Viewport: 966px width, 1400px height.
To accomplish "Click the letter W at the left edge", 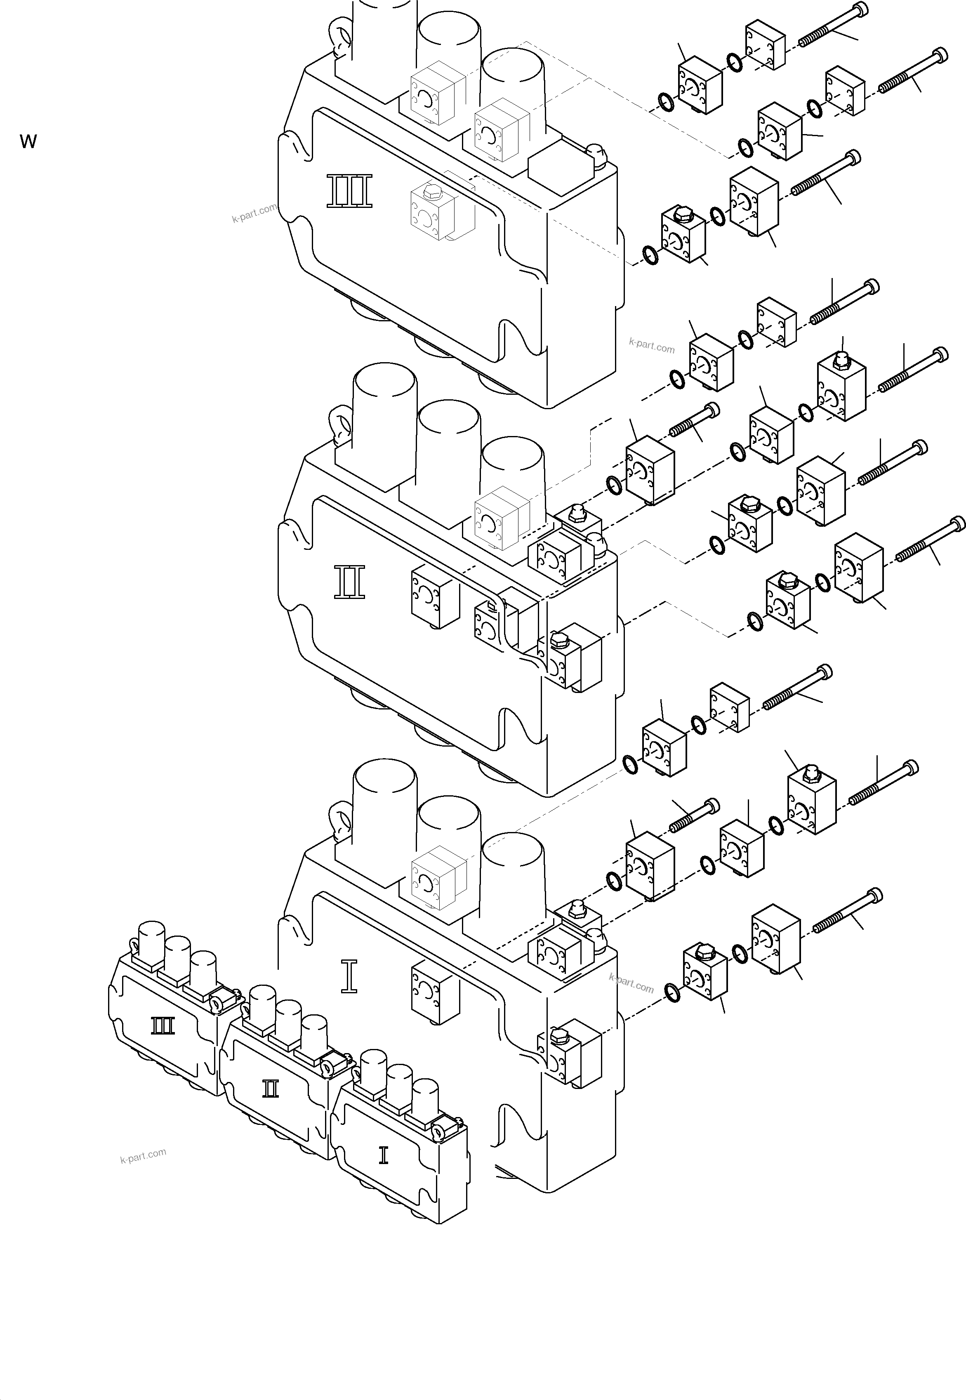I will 28,141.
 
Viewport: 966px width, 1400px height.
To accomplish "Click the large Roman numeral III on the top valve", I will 349,191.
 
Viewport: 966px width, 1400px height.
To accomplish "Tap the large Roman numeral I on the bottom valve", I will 349,977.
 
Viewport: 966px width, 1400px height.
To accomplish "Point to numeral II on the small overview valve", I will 271,1089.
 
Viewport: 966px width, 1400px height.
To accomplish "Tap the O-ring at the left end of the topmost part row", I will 664,103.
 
